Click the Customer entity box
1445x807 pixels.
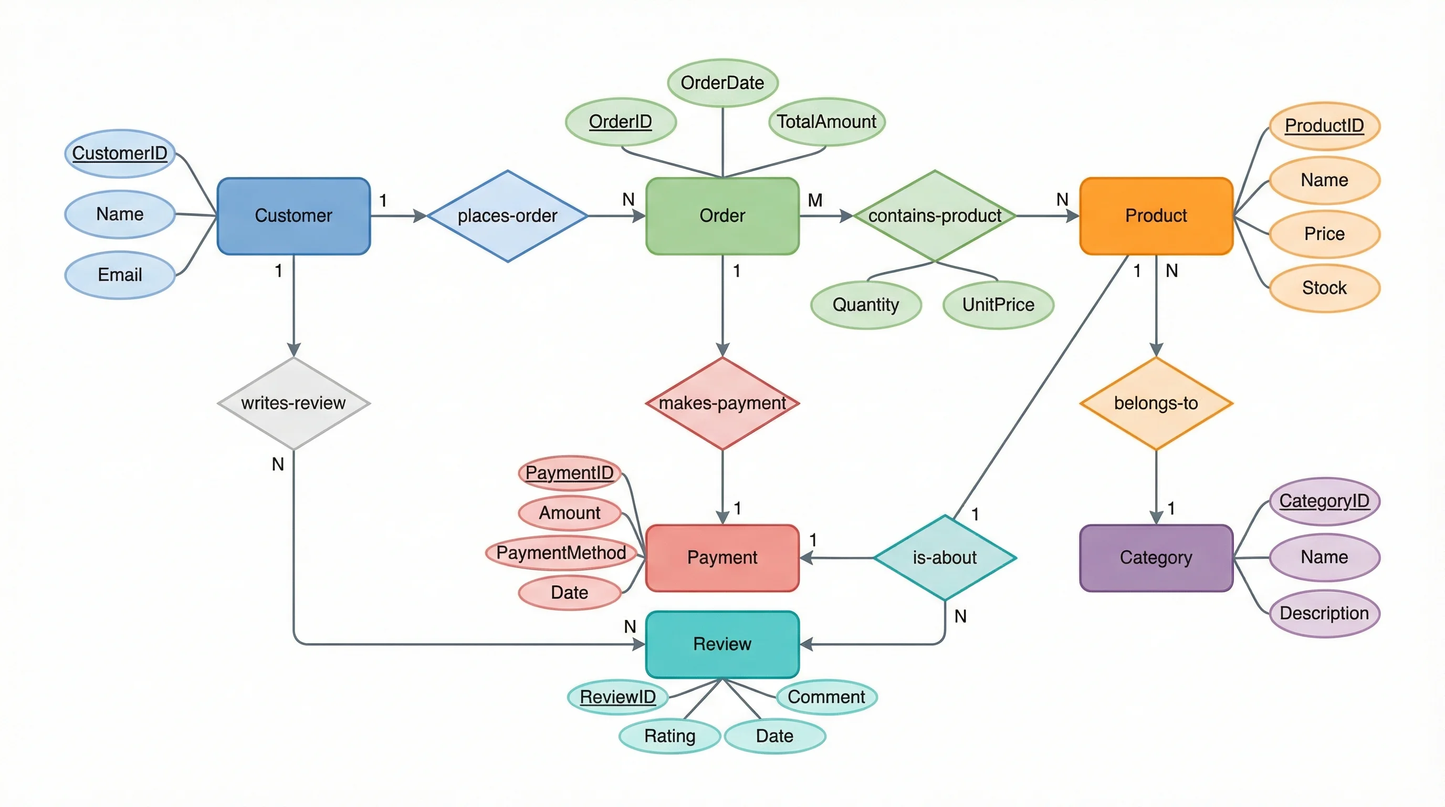[294, 216]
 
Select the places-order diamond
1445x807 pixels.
[507, 216]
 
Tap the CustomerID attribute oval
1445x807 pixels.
[120, 153]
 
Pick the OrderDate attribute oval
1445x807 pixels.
[722, 83]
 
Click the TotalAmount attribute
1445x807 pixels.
[826, 122]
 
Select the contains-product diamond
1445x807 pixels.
[935, 216]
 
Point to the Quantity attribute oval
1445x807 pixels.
[865, 305]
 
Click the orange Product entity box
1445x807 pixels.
[1156, 216]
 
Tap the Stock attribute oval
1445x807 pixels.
[1324, 288]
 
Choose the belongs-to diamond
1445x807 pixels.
[1156, 403]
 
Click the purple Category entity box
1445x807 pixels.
[1156, 558]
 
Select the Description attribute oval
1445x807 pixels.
[1324, 613]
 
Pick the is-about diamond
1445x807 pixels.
[945, 558]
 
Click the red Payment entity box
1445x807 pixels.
[722, 558]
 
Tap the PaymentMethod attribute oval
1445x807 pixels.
[561, 553]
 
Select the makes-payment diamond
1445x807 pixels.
[722, 403]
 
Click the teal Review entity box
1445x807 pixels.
[722, 644]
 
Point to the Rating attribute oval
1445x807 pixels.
[670, 736]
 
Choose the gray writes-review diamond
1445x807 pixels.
[294, 403]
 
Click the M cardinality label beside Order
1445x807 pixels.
[815, 200]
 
